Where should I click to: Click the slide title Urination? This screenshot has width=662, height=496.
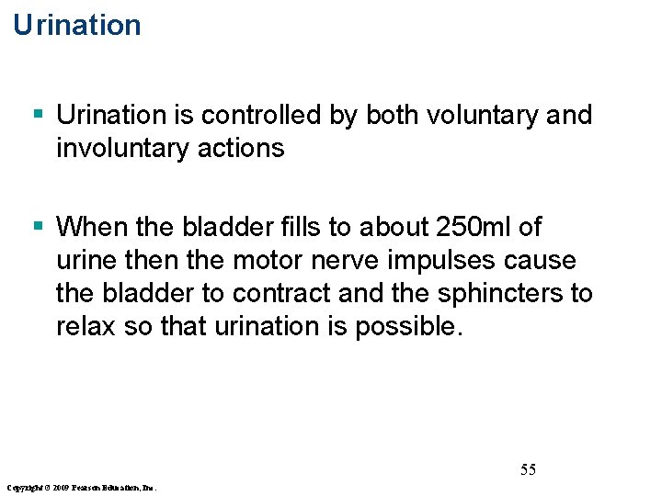[77, 25]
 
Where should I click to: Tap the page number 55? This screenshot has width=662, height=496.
[528, 470]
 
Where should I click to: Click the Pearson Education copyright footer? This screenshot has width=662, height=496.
[81, 486]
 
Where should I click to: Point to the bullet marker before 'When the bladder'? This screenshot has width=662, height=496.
[38, 226]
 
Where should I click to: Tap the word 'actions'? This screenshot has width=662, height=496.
[251, 148]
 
